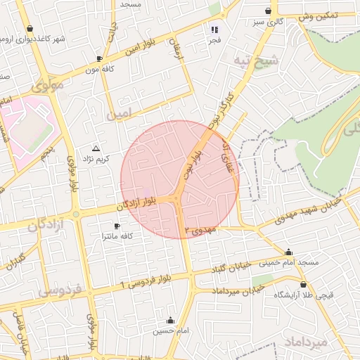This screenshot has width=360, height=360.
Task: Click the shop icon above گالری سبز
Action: click(x=268, y=11)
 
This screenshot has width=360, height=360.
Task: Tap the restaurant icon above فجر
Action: click(x=214, y=30)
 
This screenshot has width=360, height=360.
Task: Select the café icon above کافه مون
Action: click(x=99, y=58)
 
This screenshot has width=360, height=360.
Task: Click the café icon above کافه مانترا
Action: click(x=117, y=226)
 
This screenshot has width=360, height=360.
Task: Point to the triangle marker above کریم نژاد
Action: click(x=96, y=148)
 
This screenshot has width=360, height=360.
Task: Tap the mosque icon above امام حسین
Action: click(x=169, y=320)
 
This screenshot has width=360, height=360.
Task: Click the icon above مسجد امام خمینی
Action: click(x=288, y=252)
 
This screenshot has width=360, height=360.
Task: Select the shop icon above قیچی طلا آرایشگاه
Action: click(x=303, y=285)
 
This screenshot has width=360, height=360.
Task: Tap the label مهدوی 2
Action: click(x=202, y=230)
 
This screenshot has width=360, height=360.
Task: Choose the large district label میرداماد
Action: click(x=308, y=342)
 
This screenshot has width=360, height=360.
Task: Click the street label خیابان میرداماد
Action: click(x=220, y=290)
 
